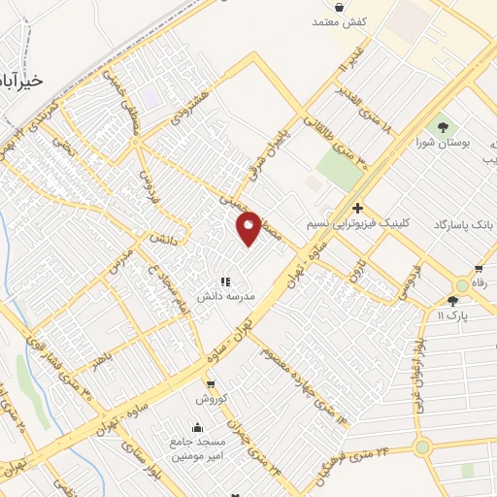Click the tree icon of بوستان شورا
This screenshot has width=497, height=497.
pos(444,126)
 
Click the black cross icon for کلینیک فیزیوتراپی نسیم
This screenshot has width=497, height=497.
pos(357,208)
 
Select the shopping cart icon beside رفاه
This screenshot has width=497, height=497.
pos(478,269)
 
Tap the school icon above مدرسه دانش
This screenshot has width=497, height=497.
pos(225,282)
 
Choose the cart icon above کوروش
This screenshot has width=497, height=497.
pos(211,385)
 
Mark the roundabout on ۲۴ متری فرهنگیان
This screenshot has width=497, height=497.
pos(422,447)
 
